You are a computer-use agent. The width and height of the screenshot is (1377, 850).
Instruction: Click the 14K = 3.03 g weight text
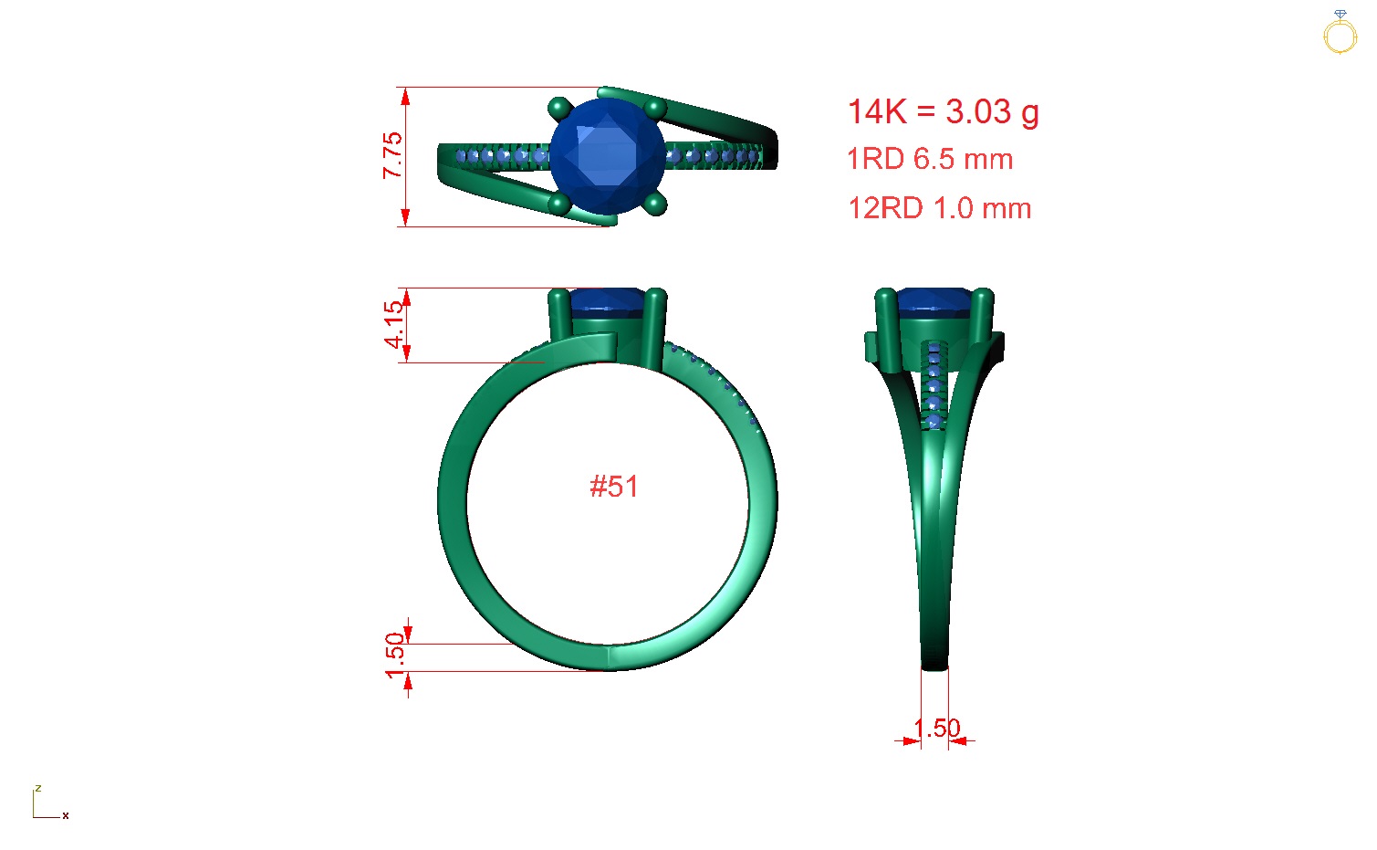click(943, 112)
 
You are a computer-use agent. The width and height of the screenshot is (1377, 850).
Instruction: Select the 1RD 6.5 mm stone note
click(930, 159)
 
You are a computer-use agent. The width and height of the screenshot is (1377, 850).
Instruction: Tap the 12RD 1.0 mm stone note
click(939, 208)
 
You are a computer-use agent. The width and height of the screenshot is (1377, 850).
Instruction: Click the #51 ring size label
click(613, 487)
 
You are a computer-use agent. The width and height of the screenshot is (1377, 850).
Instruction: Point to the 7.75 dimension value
click(392, 155)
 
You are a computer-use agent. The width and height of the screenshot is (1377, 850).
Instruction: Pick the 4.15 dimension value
click(393, 325)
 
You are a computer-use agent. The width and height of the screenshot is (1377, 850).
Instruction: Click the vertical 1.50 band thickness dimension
click(394, 655)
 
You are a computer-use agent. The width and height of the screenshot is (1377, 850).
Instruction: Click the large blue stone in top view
click(608, 157)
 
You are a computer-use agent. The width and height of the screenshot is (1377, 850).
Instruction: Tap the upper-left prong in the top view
click(559, 109)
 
